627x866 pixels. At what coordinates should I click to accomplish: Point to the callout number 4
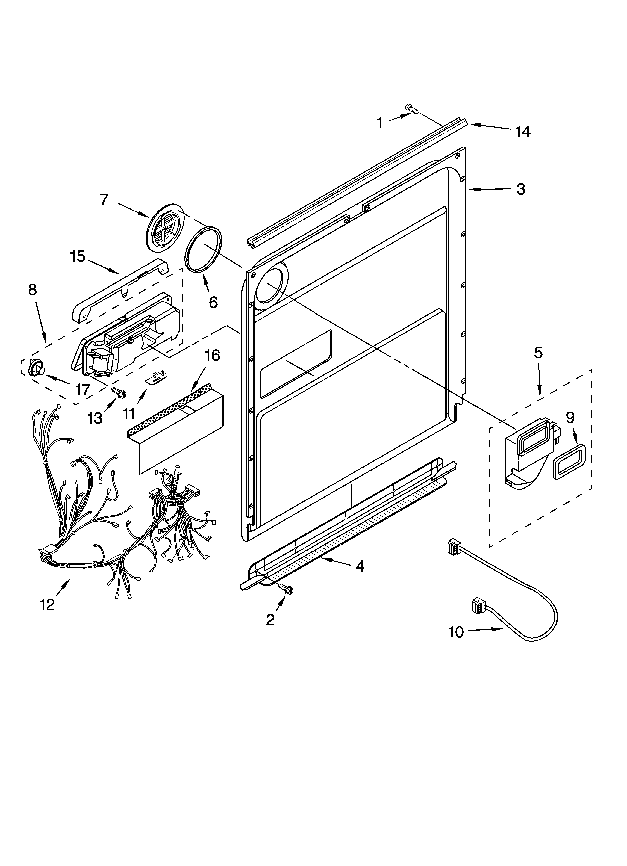coord(360,566)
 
